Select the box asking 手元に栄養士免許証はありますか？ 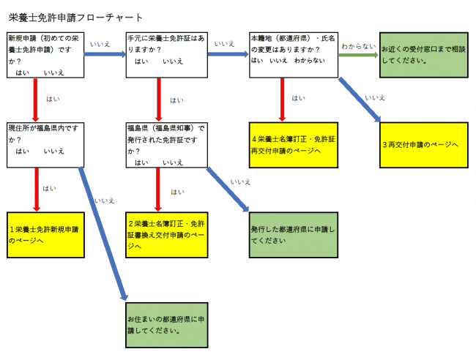(165, 53)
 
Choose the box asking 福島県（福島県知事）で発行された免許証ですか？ (165, 144)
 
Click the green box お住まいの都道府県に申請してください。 (166, 324)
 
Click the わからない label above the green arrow (359, 45)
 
